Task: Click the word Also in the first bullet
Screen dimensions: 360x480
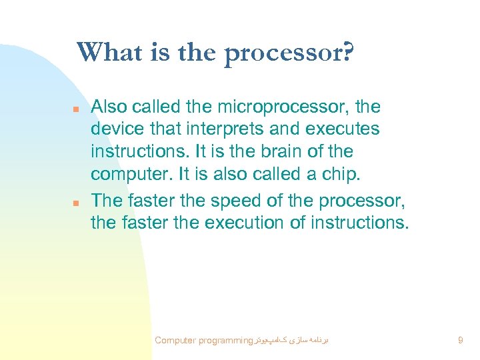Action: [x=107, y=107]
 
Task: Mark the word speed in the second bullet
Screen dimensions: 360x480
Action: [x=231, y=199]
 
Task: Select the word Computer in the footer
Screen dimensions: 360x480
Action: [x=175, y=341]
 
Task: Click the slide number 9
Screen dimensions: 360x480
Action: [x=460, y=341]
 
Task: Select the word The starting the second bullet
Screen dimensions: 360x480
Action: [x=105, y=199]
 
